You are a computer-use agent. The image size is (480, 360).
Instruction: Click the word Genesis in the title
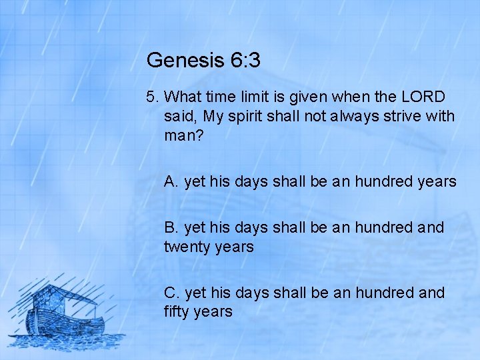185,61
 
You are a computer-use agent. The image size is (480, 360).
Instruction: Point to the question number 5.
151,97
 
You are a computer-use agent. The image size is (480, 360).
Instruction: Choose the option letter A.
171,181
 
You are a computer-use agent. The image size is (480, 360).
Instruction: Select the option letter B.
171,228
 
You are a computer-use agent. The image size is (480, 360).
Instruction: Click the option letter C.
171,293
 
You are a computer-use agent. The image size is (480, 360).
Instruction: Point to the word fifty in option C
179,312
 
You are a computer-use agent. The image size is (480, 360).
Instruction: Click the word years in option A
436,181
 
